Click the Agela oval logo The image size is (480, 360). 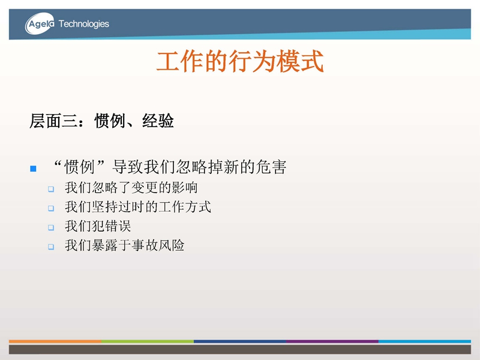[x=40, y=23]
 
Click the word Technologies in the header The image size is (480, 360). [x=83, y=24]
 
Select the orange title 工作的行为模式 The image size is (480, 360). [x=240, y=61]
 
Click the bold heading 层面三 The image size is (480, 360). [x=53, y=121]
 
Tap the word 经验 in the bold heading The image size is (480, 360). [x=158, y=121]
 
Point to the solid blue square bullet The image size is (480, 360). [x=34, y=169]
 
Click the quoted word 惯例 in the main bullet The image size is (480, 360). [x=79, y=167]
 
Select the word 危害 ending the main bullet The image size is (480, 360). [x=271, y=167]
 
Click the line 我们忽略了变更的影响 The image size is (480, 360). [x=131, y=187]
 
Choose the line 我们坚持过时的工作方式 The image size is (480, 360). [x=138, y=206]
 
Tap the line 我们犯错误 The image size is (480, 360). [x=98, y=226]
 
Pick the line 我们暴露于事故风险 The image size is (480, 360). [x=124, y=245]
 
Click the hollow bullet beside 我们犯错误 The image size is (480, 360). [x=51, y=227]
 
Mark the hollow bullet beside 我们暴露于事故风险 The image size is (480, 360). [x=51, y=247]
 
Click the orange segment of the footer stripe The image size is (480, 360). [x=55, y=341]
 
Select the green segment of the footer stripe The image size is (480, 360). [x=148, y=341]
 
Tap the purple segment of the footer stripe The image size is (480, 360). [x=332, y=341]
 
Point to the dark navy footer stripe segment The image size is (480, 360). [x=240, y=341]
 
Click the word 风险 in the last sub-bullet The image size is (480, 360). [x=171, y=245]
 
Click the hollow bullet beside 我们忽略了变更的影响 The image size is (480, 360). [x=51, y=189]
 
